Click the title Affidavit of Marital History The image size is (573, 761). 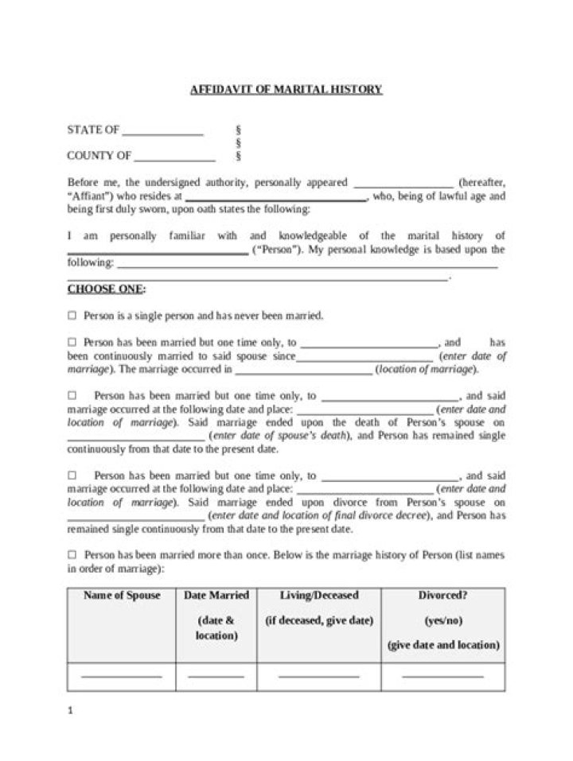[286, 89]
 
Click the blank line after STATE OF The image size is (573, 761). [163, 134]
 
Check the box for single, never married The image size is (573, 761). [72, 316]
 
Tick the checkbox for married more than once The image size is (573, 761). [72, 555]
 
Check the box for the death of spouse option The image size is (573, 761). [72, 395]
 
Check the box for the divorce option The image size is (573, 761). [72, 476]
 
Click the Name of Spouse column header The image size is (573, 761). [122, 596]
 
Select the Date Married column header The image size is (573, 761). [216, 596]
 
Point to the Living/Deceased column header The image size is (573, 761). [319, 596]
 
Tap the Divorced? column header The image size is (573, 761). [442, 596]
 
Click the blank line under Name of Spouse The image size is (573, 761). [122, 676]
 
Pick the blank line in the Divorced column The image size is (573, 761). [442, 676]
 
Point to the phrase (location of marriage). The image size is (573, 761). [427, 370]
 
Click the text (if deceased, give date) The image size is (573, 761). [319, 620]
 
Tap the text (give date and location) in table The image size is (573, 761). [442, 645]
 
